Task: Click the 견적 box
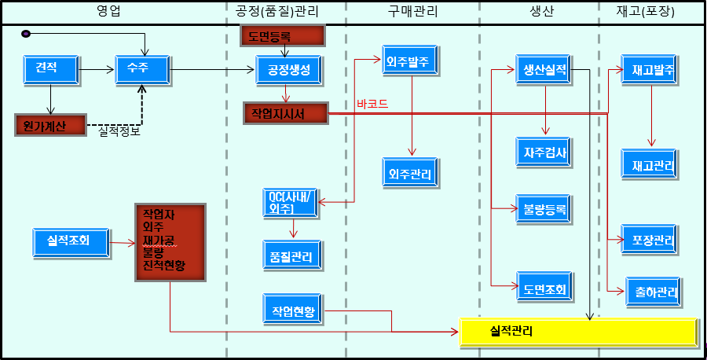(x=51, y=69)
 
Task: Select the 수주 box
(x=142, y=69)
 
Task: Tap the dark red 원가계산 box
(x=50, y=126)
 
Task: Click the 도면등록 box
(x=283, y=35)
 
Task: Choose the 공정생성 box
(x=288, y=70)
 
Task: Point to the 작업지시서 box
(x=286, y=114)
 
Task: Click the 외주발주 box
(x=410, y=60)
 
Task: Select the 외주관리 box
(x=410, y=172)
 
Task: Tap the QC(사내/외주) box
(x=291, y=203)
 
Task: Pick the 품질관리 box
(x=292, y=255)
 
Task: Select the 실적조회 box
(x=71, y=243)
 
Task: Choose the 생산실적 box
(x=544, y=69)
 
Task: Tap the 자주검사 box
(x=544, y=152)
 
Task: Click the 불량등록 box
(x=544, y=209)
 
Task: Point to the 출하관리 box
(x=654, y=292)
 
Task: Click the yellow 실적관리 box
(x=578, y=332)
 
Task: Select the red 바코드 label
(x=372, y=105)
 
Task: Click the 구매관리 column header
(x=412, y=12)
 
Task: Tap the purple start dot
(x=26, y=34)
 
